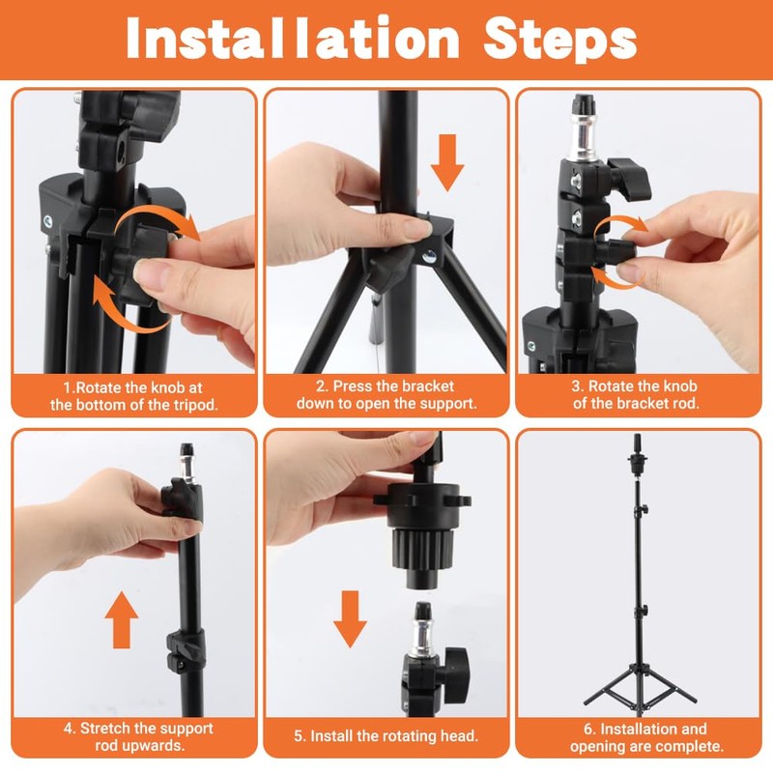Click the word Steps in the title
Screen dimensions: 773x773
click(560, 40)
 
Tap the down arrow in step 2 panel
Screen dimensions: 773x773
click(447, 162)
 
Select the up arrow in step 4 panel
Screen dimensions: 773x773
click(122, 620)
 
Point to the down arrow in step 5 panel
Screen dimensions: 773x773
click(350, 619)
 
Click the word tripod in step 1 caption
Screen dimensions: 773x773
click(194, 405)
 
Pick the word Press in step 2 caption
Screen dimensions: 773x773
click(352, 386)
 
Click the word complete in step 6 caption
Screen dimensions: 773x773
click(692, 746)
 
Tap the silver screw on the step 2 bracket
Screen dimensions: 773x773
click(429, 255)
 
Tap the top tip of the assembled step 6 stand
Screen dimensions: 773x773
click(638, 435)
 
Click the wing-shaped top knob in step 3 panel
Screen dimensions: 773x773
click(629, 178)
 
